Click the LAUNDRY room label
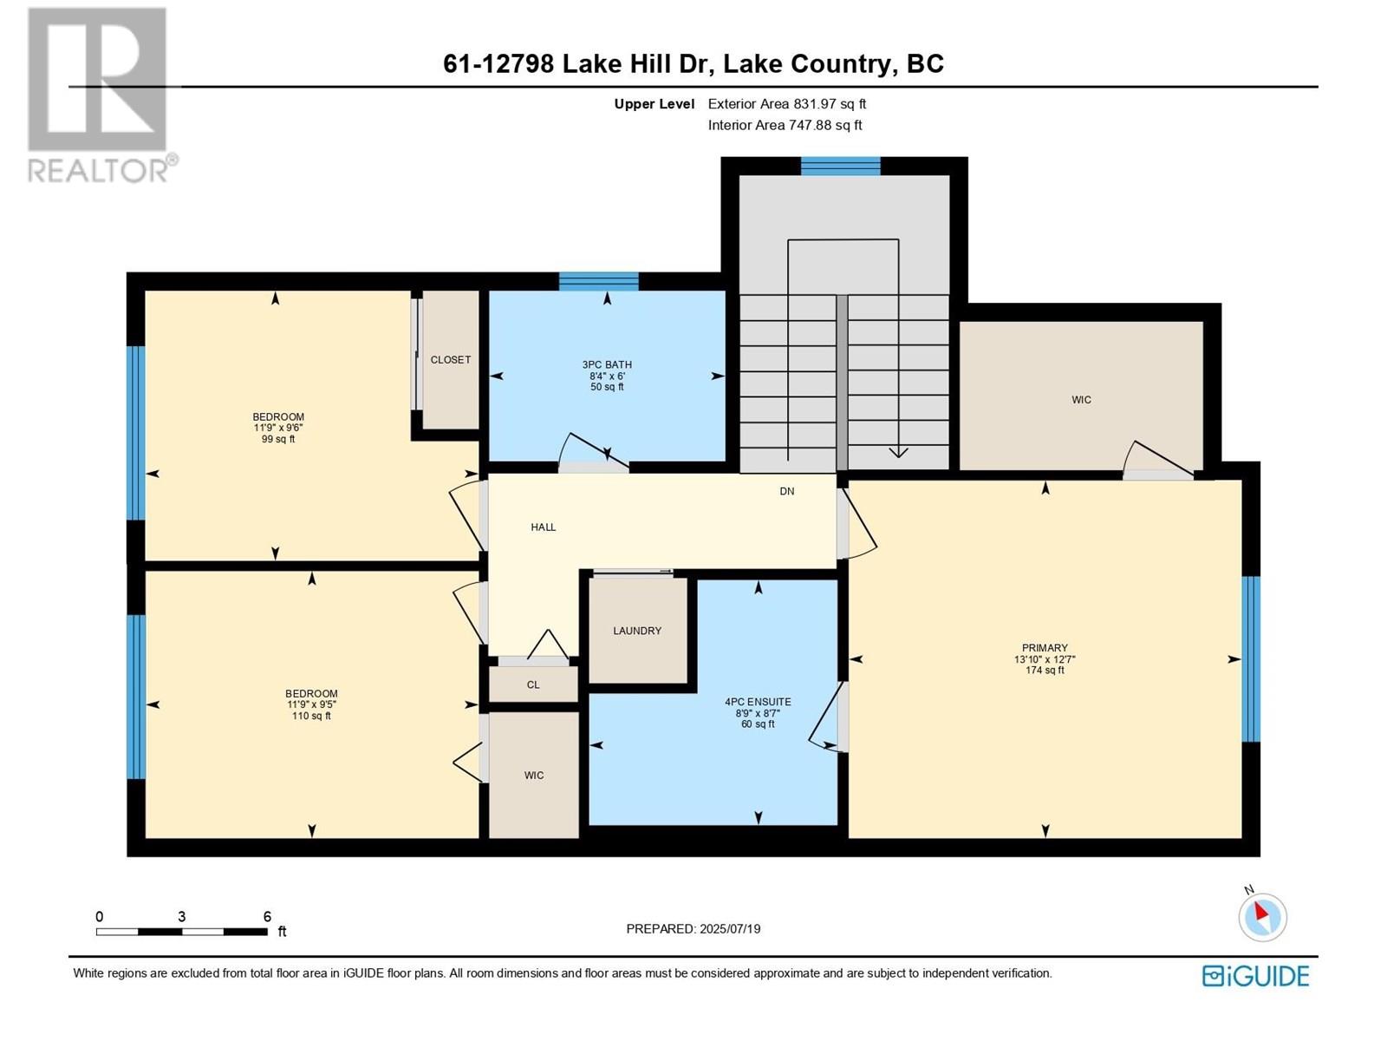click(637, 631)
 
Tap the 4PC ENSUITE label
click(758, 702)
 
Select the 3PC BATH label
click(607, 364)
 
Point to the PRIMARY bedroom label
click(1045, 648)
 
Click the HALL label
click(544, 527)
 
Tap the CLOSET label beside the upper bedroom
click(451, 360)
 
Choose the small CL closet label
click(533, 685)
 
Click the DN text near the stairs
click(787, 491)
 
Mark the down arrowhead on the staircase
click(899, 452)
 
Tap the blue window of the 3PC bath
click(598, 281)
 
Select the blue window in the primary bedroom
click(1251, 658)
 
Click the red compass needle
click(1260, 911)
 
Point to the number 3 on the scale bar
click(181, 916)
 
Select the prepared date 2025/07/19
click(730, 928)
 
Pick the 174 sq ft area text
click(1045, 670)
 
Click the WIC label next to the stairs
click(1081, 400)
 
